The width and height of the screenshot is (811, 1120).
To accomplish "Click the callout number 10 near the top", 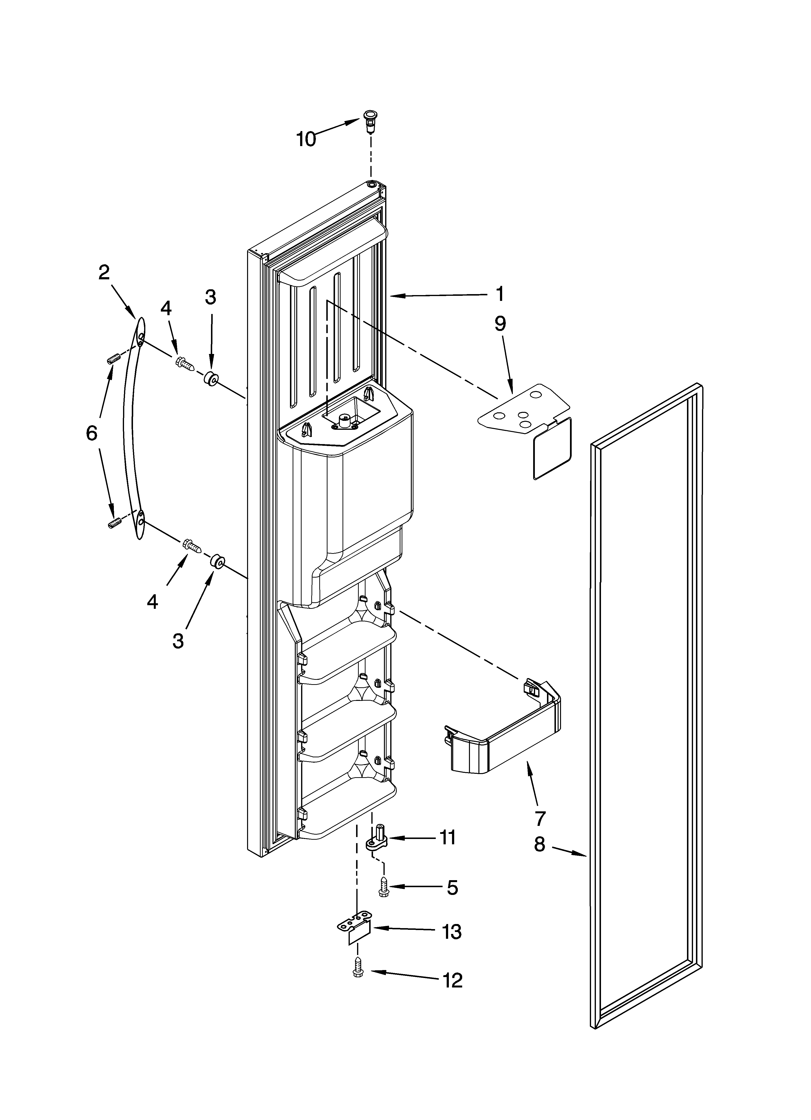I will click(x=306, y=139).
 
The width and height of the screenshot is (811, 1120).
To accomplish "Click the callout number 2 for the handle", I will click(x=104, y=272).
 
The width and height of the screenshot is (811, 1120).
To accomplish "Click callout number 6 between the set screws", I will click(x=92, y=433).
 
